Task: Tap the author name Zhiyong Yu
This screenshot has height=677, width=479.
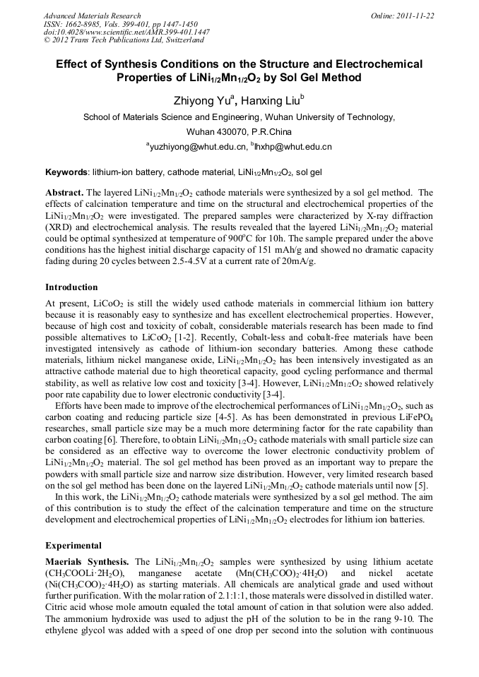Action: (x=200, y=100)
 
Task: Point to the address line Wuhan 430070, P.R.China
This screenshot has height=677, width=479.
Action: (x=239, y=132)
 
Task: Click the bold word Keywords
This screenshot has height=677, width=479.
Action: (x=67, y=172)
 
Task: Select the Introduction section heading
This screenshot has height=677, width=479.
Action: (x=71, y=287)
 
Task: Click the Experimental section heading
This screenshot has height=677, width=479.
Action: (x=73, y=546)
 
